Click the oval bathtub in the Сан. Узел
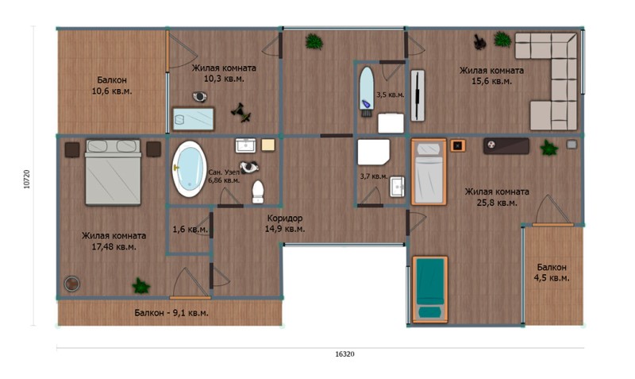tap(189, 168)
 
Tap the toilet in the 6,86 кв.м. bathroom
tap(257, 191)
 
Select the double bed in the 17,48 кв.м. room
tap(113, 172)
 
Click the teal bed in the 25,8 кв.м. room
tap(430, 289)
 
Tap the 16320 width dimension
tap(344, 354)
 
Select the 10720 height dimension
tap(27, 179)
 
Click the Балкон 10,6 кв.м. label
tap(112, 86)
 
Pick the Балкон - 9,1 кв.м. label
tap(171, 313)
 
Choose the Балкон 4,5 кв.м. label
tap(552, 273)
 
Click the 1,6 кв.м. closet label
tap(190, 230)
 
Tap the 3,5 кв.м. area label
tap(391, 95)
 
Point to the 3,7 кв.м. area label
tap(374, 176)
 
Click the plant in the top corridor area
tap(314, 41)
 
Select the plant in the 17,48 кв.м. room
tap(141, 286)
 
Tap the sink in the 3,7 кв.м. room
tap(397, 187)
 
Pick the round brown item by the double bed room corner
tap(71, 284)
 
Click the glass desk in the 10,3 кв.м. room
tap(193, 118)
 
